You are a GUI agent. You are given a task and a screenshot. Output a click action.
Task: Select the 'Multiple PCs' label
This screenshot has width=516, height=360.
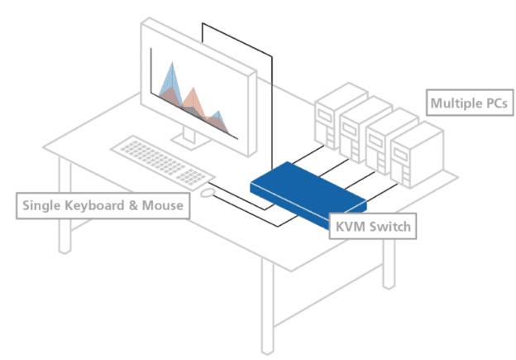pos(467,104)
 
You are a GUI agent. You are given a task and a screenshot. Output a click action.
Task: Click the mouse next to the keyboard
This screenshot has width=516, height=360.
pos(208,192)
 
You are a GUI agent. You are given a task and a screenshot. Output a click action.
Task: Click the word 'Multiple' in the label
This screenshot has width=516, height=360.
pos(455,104)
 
